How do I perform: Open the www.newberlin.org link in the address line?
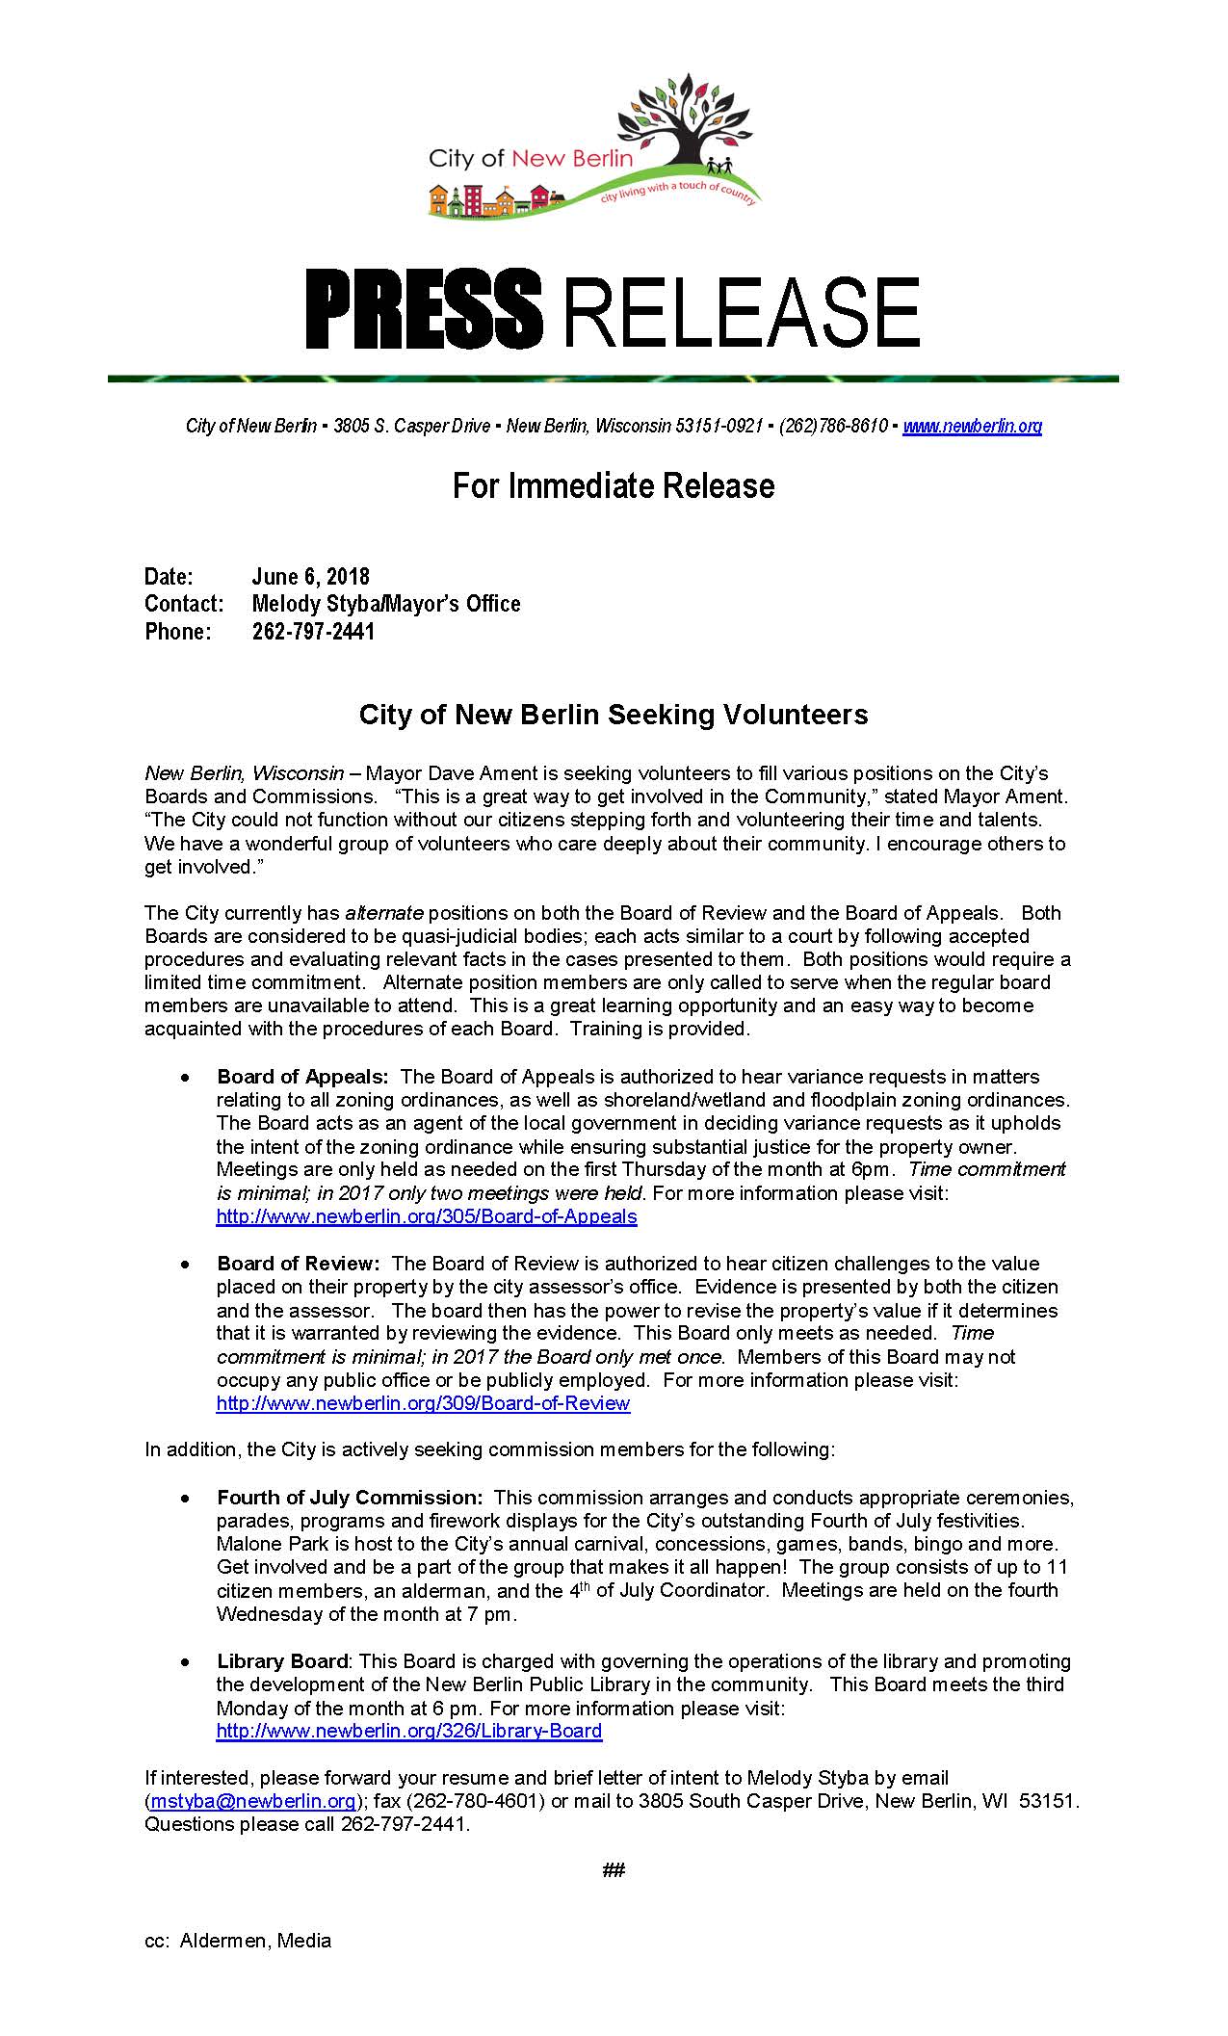(x=972, y=426)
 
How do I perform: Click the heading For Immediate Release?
(x=614, y=485)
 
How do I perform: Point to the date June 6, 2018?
(x=310, y=576)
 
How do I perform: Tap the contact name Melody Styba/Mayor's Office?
(x=385, y=604)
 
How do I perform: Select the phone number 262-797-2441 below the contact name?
(x=313, y=632)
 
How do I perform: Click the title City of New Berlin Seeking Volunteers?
(x=614, y=715)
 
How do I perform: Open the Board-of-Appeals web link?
(x=427, y=1216)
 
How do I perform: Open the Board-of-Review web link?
(x=423, y=1403)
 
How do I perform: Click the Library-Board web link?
(x=409, y=1731)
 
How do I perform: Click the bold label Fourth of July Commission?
(x=350, y=1498)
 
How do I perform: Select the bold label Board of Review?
(x=299, y=1264)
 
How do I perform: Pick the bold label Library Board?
(x=282, y=1661)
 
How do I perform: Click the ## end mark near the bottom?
(x=614, y=1870)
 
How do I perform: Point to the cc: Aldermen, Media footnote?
(x=238, y=1941)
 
